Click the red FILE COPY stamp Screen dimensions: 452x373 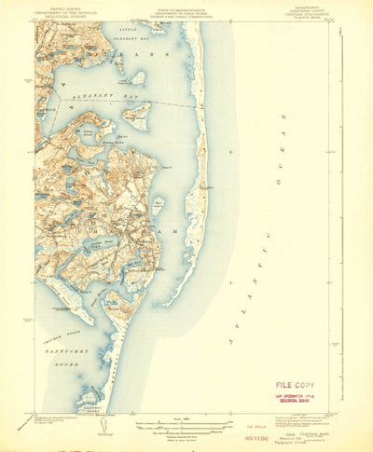[294, 384]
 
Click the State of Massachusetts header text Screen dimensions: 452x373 [186, 10]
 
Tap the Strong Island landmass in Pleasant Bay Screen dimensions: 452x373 [136, 114]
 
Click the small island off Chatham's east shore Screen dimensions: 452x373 [159, 204]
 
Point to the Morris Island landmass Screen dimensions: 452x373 [119, 300]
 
